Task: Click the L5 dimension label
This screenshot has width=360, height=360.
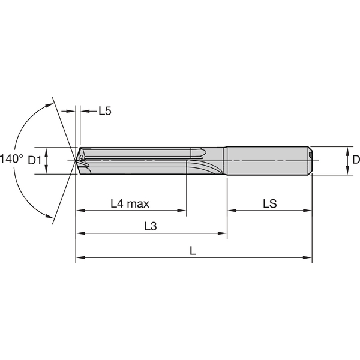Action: pyautogui.click(x=105, y=111)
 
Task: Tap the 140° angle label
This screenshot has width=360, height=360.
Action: pyautogui.click(x=11, y=160)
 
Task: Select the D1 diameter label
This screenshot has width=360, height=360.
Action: pyautogui.click(x=34, y=160)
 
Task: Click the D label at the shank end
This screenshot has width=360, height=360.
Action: pyautogui.click(x=355, y=160)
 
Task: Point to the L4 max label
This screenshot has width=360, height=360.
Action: pyautogui.click(x=130, y=204)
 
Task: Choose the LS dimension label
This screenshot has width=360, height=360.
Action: pyautogui.click(x=269, y=204)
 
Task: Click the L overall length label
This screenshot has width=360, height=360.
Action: pyautogui.click(x=193, y=251)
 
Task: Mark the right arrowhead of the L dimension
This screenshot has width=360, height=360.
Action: pyautogui.click(x=309, y=258)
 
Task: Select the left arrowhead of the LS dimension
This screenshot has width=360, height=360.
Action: pyautogui.click(x=232, y=211)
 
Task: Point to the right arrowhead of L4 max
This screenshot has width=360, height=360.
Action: pyautogui.click(x=183, y=211)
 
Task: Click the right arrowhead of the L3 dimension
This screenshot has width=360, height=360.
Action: pyautogui.click(x=224, y=234)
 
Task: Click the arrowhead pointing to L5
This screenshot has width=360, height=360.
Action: pyautogui.click(x=83, y=111)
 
